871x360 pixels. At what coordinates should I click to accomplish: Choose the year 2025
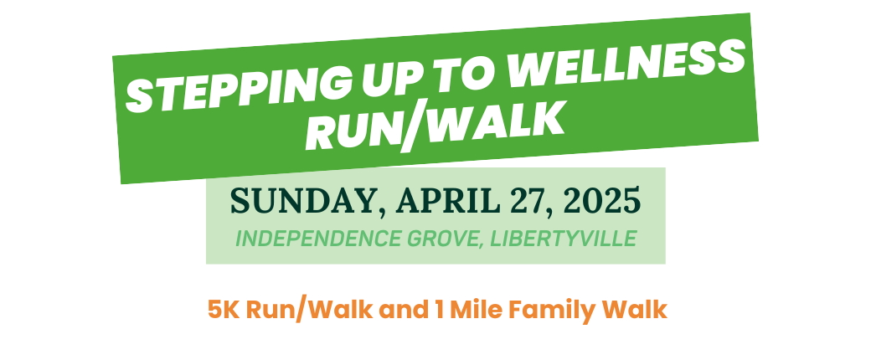pos(601,201)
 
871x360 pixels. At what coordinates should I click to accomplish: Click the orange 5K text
pos(224,310)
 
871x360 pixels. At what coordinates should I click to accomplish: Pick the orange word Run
pos(271,310)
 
